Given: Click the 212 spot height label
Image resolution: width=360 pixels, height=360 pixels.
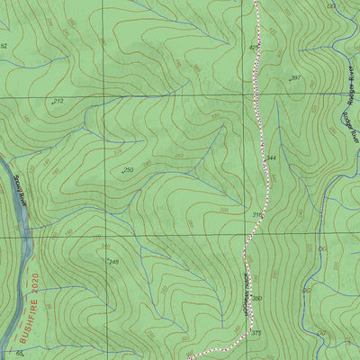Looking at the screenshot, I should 58,103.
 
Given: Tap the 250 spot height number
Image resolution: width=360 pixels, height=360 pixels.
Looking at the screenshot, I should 128,170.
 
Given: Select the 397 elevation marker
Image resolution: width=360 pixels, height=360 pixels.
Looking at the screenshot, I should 294,79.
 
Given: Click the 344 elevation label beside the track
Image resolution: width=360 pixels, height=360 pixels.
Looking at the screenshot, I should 272,158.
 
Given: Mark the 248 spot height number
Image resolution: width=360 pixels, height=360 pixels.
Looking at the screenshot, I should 112,262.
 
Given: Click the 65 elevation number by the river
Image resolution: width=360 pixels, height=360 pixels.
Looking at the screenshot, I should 20,354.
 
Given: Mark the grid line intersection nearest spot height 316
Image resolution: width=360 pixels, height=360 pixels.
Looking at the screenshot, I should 243,235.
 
